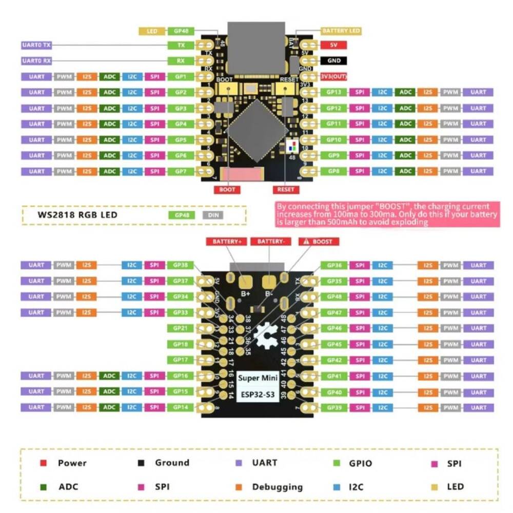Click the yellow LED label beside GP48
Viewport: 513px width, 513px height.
click(x=152, y=31)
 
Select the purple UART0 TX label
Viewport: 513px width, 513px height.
click(x=37, y=45)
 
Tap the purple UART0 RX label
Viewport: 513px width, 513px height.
click(x=37, y=61)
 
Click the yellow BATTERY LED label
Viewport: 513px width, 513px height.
click(x=341, y=31)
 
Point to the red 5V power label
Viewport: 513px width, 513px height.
click(x=333, y=45)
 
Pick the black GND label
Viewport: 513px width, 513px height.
click(x=333, y=61)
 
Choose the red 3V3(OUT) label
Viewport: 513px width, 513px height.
click(x=333, y=76)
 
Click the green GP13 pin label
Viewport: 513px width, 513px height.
click(x=333, y=92)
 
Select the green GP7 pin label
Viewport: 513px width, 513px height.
click(x=181, y=171)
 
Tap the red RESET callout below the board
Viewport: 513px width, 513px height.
click(x=286, y=190)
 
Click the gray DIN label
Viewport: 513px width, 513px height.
click(x=213, y=215)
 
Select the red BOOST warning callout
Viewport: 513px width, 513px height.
click(x=318, y=242)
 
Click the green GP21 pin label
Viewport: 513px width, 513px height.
click(x=181, y=328)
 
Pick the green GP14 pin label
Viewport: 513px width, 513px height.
click(x=181, y=407)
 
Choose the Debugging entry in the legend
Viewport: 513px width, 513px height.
click(x=277, y=487)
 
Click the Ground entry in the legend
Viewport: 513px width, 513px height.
click(x=172, y=463)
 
